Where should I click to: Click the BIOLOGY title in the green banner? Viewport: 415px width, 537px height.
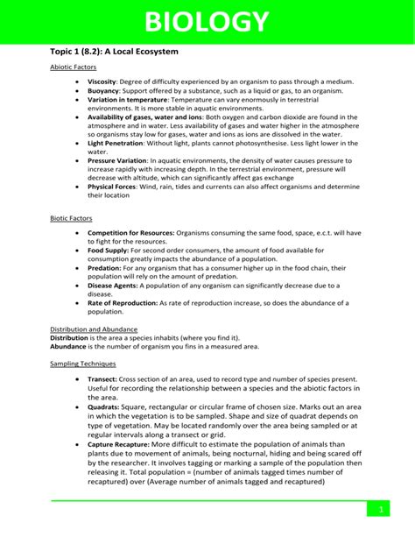pyautogui.click(x=207, y=22)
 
